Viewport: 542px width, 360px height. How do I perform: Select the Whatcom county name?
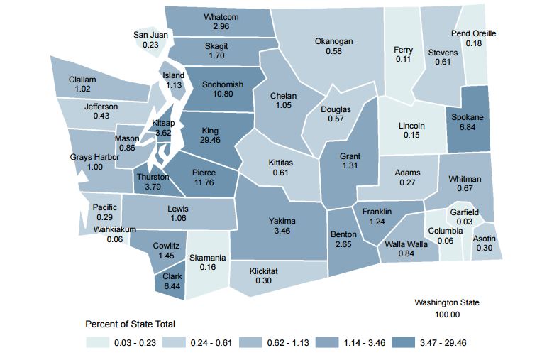(x=221, y=17)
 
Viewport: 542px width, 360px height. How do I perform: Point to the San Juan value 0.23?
(x=150, y=44)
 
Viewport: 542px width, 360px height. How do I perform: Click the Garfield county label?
(x=464, y=212)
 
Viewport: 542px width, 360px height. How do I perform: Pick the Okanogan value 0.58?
(x=333, y=52)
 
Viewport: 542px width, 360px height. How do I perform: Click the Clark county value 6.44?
(x=172, y=287)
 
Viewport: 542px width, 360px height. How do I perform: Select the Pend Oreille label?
(x=473, y=33)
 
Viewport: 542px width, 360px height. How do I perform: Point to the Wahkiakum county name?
(x=116, y=230)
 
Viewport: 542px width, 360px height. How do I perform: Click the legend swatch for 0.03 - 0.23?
(x=97, y=342)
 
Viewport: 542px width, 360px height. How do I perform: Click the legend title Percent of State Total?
(x=130, y=324)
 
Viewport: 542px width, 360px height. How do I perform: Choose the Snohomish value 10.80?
(x=222, y=94)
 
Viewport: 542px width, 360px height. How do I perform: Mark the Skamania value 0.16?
(x=208, y=268)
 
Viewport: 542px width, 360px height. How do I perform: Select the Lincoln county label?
(x=411, y=126)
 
